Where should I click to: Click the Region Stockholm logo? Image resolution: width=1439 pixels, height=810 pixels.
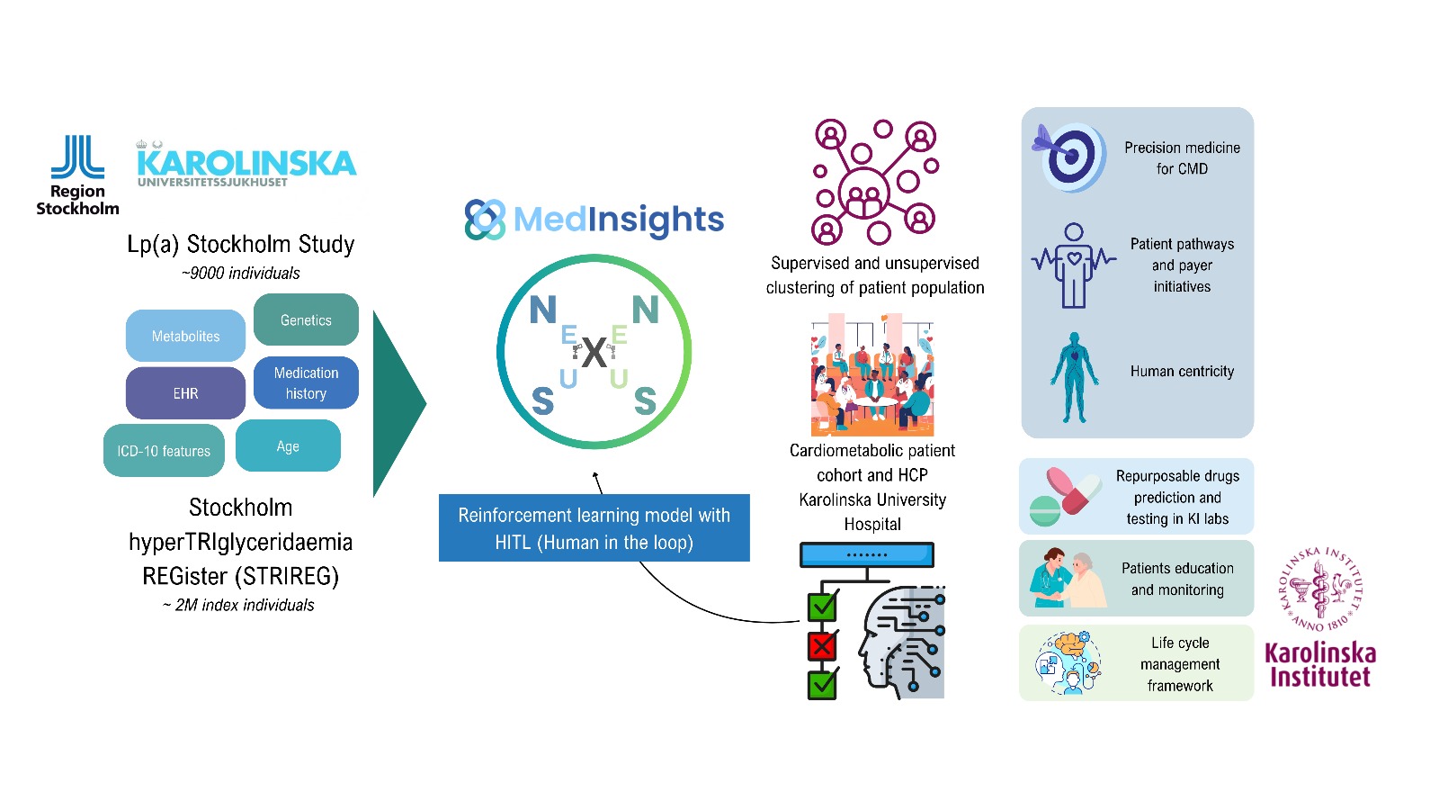tap(77, 175)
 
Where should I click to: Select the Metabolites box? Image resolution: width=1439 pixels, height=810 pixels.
tap(185, 336)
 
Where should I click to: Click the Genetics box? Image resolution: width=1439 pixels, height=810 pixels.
tap(306, 319)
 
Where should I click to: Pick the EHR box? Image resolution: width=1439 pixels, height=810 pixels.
tap(185, 393)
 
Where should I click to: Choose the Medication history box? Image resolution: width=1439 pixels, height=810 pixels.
tap(306, 382)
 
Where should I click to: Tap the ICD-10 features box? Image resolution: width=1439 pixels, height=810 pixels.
tap(164, 451)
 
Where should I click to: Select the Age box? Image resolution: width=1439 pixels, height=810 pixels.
tap(288, 446)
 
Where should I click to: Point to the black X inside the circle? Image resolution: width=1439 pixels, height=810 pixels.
tap(594, 353)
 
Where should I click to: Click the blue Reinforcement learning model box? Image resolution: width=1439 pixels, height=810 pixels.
tap(594, 528)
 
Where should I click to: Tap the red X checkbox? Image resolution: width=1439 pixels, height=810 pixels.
tap(822, 645)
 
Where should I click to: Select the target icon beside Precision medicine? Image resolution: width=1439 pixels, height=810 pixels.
tap(1070, 157)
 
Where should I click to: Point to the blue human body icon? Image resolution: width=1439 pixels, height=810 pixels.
tap(1074, 378)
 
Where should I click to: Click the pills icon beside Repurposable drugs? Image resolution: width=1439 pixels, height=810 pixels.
tap(1065, 496)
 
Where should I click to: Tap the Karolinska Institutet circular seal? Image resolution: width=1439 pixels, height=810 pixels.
tap(1320, 589)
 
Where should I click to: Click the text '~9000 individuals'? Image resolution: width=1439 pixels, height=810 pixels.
tap(241, 274)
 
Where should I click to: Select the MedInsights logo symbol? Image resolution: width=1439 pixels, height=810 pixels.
tap(485, 220)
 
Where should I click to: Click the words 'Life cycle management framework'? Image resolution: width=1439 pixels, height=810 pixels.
tap(1180, 664)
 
